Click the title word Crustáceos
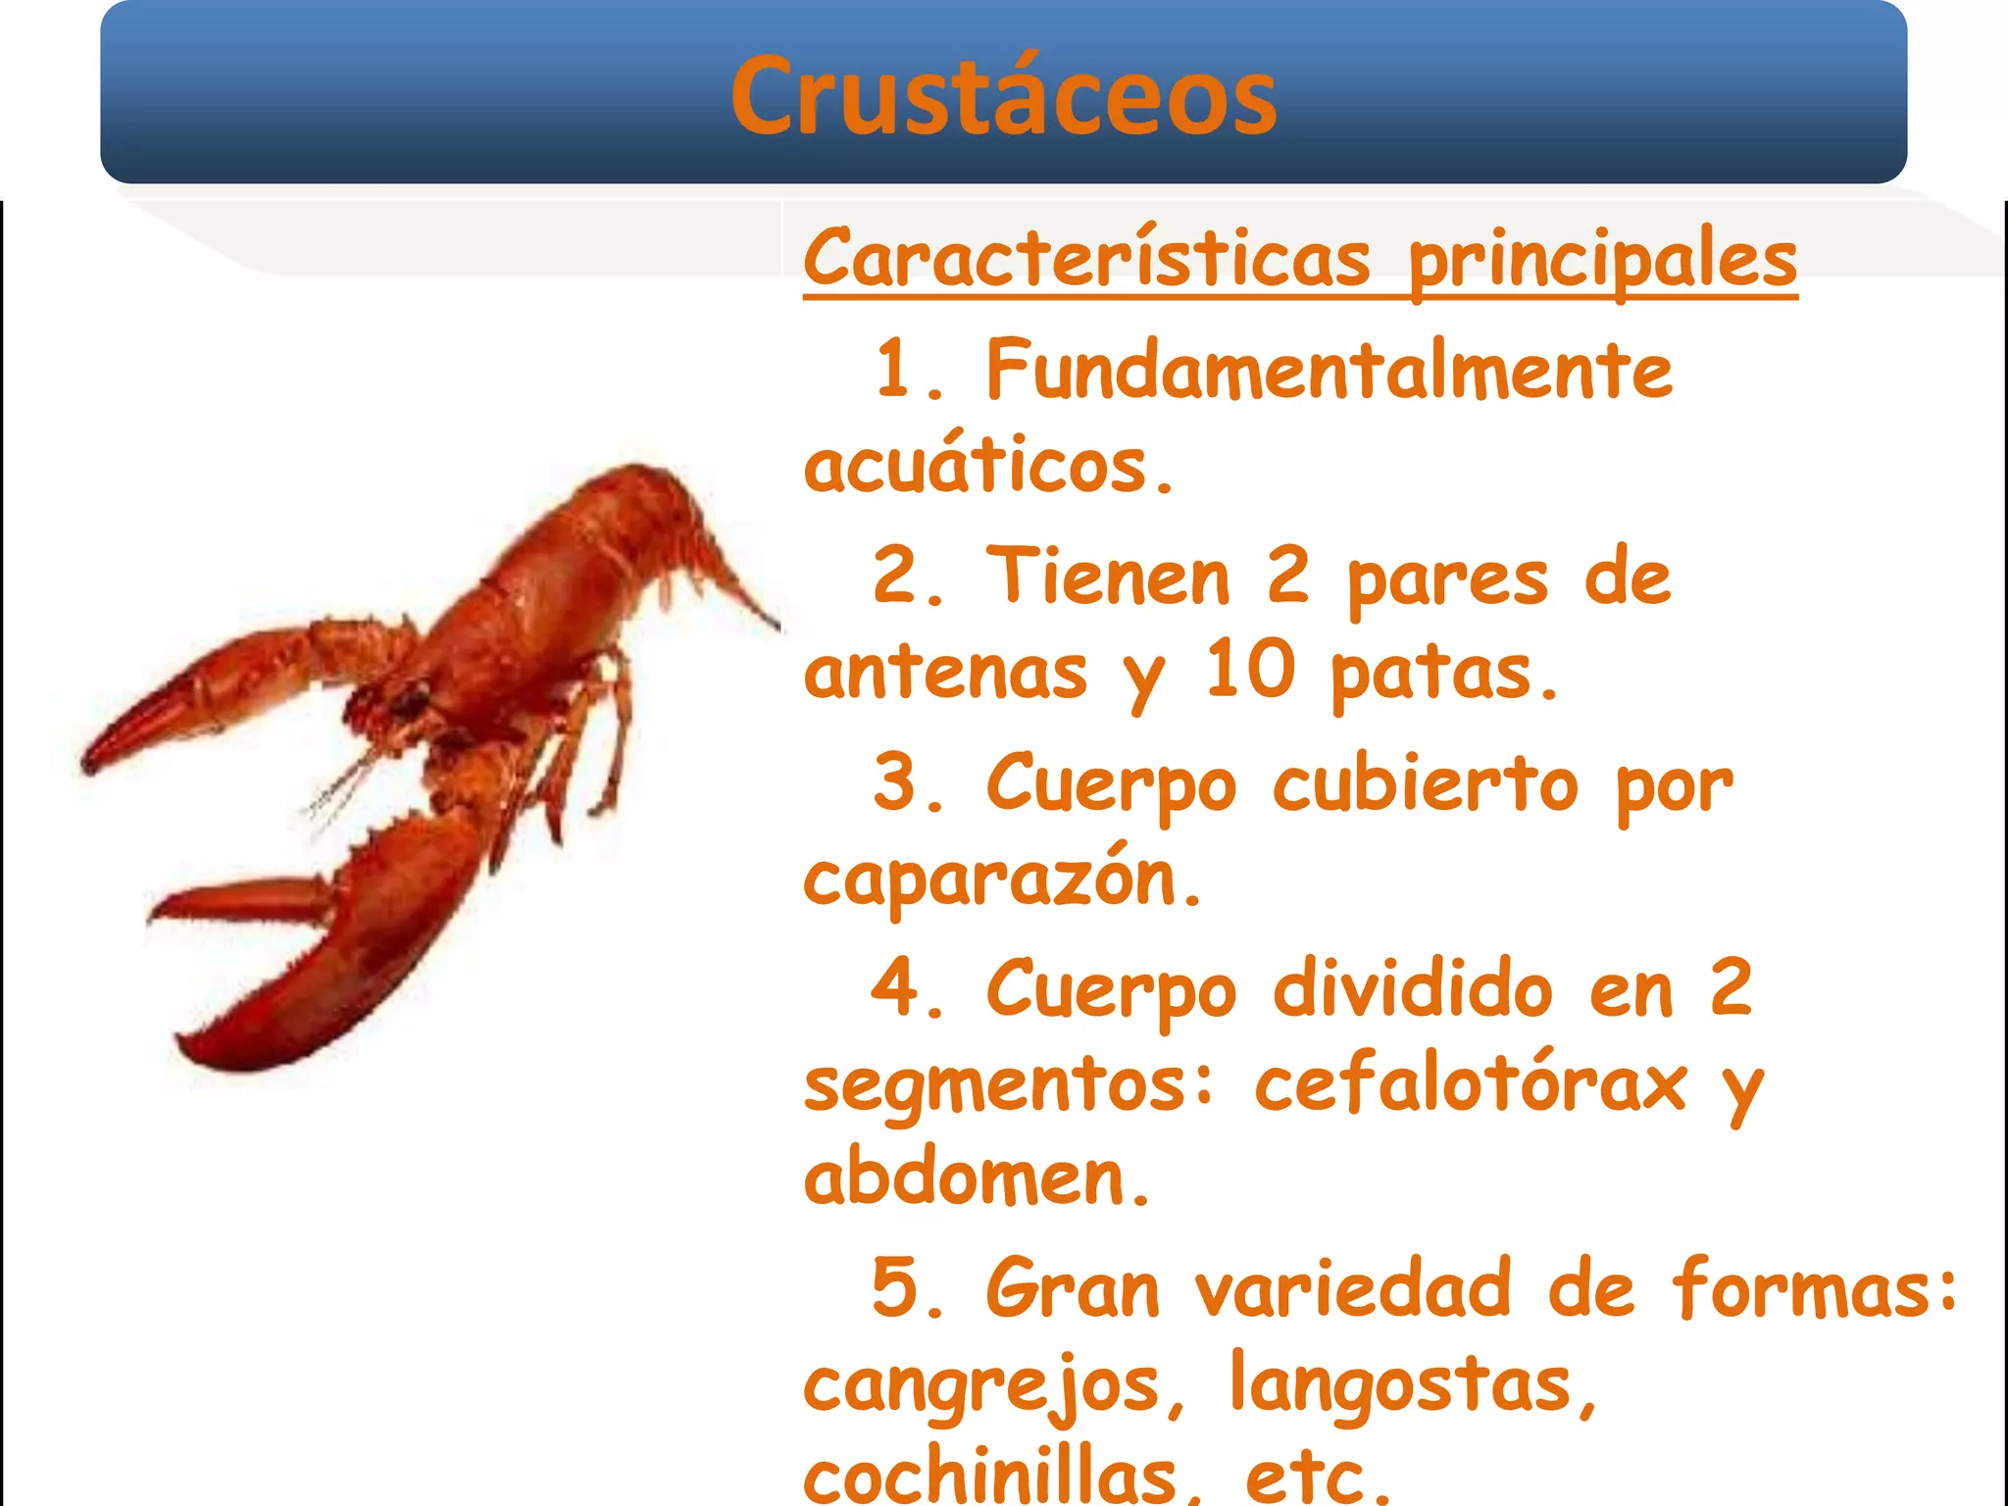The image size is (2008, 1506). coord(1003,96)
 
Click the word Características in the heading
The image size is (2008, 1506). coord(1086,258)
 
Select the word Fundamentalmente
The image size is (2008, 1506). coord(1329,370)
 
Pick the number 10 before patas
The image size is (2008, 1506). coord(1249,670)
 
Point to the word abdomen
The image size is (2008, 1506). coord(976,1177)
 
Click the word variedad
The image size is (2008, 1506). coord(1352,1288)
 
